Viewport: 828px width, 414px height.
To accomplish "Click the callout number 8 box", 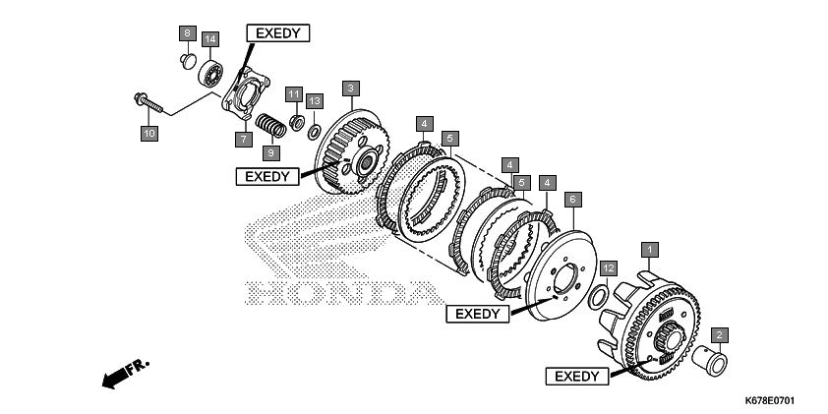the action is (187, 33).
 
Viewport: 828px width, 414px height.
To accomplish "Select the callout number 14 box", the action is (210, 39).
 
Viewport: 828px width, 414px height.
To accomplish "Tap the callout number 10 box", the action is (149, 133).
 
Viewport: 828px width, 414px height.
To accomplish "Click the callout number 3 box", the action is (351, 89).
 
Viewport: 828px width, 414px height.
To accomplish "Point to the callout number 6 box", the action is (573, 201).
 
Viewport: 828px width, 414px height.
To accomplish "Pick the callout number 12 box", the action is (609, 268).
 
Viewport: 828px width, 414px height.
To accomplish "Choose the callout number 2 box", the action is (719, 334).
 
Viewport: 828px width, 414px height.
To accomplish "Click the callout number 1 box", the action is (650, 250).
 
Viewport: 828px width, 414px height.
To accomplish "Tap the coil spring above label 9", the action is (270, 125).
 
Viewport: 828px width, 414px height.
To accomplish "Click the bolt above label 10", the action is (148, 103).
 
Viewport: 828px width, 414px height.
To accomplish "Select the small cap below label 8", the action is (188, 61).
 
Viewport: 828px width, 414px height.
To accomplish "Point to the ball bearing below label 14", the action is (210, 74).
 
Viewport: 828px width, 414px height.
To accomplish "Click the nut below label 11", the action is (297, 123).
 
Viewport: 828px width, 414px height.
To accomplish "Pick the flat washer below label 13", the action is (314, 132).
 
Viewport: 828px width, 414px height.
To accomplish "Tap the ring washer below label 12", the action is (598, 297).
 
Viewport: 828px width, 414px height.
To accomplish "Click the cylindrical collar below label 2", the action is (710, 360).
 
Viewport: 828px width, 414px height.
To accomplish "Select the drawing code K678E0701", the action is (769, 401).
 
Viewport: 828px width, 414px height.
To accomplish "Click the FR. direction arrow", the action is (126, 373).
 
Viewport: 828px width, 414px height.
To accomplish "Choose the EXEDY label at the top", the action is (277, 33).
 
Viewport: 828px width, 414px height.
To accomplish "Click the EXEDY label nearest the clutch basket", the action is (577, 377).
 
